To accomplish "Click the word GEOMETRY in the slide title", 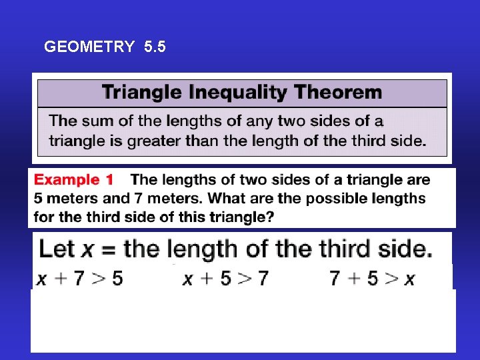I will (89, 47).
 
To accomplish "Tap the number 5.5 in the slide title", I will (155, 47).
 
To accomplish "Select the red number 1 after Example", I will (109, 180).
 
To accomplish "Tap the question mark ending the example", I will (271, 217).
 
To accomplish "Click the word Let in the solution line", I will (57, 249).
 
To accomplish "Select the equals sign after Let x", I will (108, 250).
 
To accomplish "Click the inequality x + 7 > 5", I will (79, 278).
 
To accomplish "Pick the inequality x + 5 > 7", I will (225, 278).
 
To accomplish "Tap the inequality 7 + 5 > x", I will (372, 278).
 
